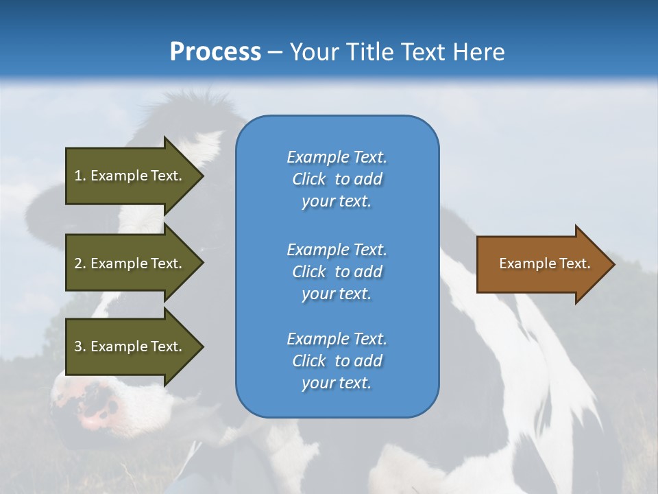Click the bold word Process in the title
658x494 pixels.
click(215, 52)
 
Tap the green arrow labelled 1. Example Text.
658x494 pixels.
click(129, 176)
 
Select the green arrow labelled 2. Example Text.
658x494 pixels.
click(129, 263)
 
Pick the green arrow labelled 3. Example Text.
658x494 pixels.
click(129, 346)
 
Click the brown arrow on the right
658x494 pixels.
click(541, 263)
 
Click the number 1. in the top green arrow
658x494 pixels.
click(80, 176)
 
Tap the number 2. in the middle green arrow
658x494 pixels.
click(80, 263)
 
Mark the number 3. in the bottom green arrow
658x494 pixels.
click(80, 346)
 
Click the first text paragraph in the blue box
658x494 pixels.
click(337, 179)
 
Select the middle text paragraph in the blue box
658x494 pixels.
click(337, 272)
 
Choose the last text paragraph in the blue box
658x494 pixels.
click(337, 361)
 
